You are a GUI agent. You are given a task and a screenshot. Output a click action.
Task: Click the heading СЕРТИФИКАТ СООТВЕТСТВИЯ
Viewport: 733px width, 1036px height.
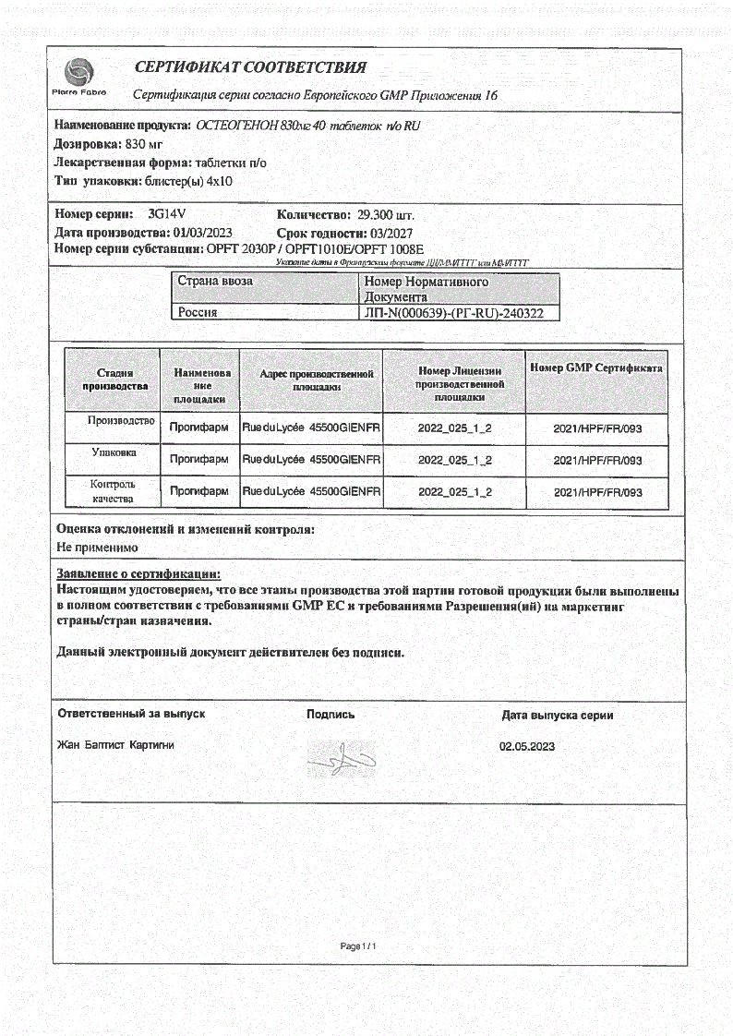tap(250, 67)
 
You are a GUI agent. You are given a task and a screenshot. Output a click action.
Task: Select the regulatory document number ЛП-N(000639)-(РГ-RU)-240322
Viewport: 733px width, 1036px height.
tap(455, 313)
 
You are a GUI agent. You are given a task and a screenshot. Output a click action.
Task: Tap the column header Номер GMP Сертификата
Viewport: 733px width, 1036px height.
tap(596, 367)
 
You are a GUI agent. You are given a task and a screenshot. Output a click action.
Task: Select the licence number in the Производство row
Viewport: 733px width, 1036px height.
tap(454, 428)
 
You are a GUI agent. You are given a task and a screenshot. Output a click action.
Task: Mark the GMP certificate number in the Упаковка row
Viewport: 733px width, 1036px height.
tap(597, 460)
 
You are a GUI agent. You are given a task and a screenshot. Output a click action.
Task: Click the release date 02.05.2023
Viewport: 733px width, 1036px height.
tap(527, 746)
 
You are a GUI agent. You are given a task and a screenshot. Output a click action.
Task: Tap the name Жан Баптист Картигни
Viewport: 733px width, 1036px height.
tap(116, 744)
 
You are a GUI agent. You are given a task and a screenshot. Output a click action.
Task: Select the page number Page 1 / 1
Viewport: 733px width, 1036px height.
tap(360, 946)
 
